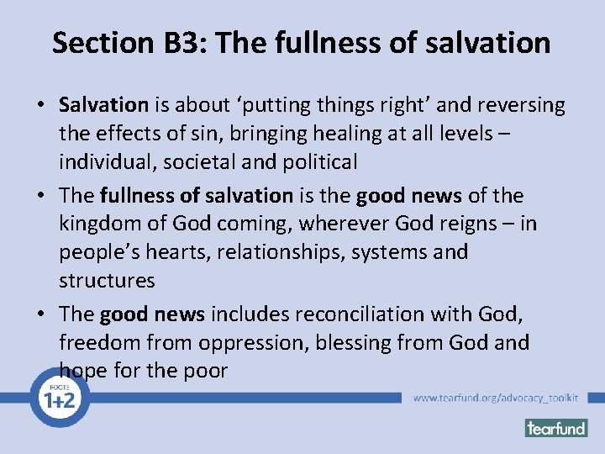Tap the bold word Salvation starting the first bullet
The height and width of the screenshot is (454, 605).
coord(103,105)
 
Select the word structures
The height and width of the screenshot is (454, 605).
coord(107,280)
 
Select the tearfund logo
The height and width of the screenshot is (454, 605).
coord(556,428)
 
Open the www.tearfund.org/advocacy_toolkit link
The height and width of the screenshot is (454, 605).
coord(496,398)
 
